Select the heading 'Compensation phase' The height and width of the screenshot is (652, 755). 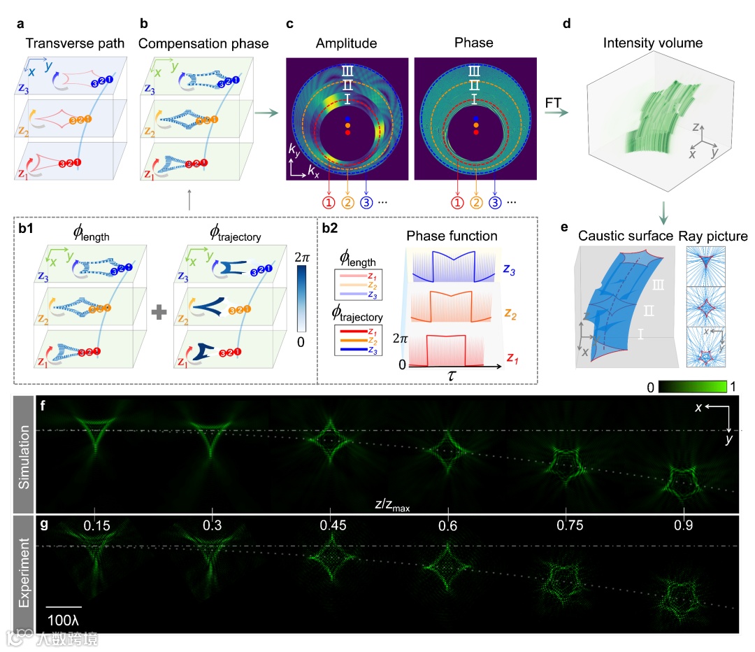tap(203, 43)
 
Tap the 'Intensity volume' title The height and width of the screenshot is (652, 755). tap(654, 43)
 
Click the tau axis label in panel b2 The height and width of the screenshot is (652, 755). tap(447, 375)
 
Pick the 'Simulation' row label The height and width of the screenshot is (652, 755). tap(24, 455)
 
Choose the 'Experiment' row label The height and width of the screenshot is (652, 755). tap(24, 573)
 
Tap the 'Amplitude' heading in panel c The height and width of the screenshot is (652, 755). tap(347, 43)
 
